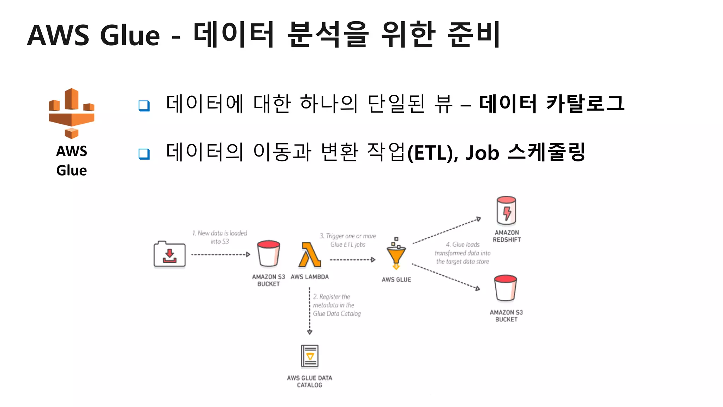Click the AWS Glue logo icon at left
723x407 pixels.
(72, 113)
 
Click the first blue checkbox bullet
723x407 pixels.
(144, 106)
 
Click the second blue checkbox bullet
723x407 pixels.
(144, 154)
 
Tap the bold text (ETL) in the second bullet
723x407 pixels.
(432, 153)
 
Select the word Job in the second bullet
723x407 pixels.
(482, 153)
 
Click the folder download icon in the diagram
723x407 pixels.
(169, 254)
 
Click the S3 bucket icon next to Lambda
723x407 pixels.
(269, 253)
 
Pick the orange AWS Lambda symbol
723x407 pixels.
(310, 255)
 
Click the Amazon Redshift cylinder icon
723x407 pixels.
(506, 211)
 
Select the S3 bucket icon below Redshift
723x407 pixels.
(506, 288)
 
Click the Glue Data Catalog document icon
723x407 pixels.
(310, 356)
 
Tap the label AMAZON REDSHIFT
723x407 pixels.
(507, 236)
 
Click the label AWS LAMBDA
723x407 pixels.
(310, 277)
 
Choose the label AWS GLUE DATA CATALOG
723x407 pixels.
(310, 382)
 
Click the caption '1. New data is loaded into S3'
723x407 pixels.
(220, 237)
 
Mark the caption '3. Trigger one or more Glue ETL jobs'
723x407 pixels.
(348, 240)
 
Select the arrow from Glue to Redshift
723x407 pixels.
(447, 231)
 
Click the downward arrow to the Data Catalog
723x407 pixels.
(310, 311)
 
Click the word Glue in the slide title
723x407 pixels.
(130, 35)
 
